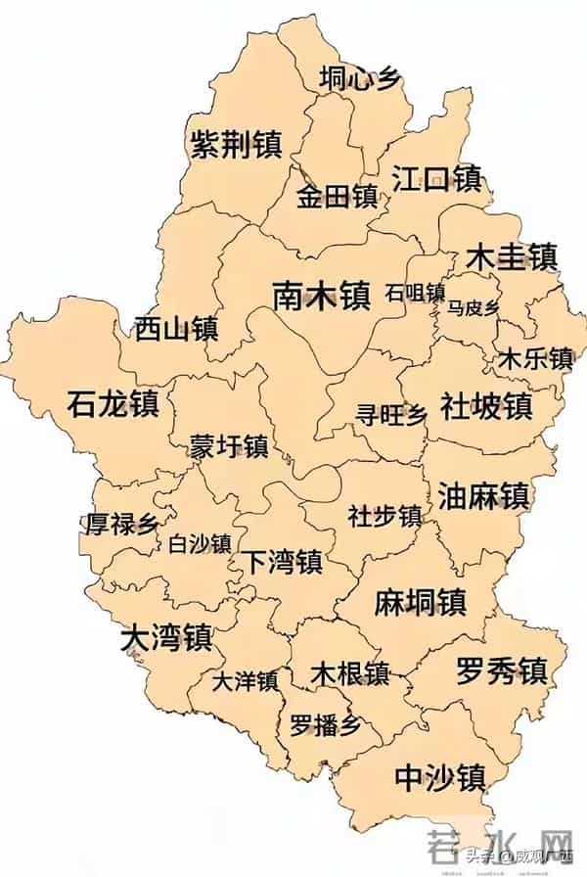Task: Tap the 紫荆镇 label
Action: coord(236,145)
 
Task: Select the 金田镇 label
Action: coord(337,196)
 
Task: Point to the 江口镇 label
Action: coord(436,178)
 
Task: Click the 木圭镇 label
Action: coord(511,256)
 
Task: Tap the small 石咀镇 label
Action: coord(415,293)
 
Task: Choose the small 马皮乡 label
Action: coord(474,308)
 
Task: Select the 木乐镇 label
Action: coord(535,358)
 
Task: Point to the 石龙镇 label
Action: coord(113,402)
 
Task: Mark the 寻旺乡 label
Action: coord(391,415)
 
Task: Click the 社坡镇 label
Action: coord(485,405)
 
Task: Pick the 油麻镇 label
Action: coord(483,494)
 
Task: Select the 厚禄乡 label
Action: coord(121,524)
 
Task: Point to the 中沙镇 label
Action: coord(439,777)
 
